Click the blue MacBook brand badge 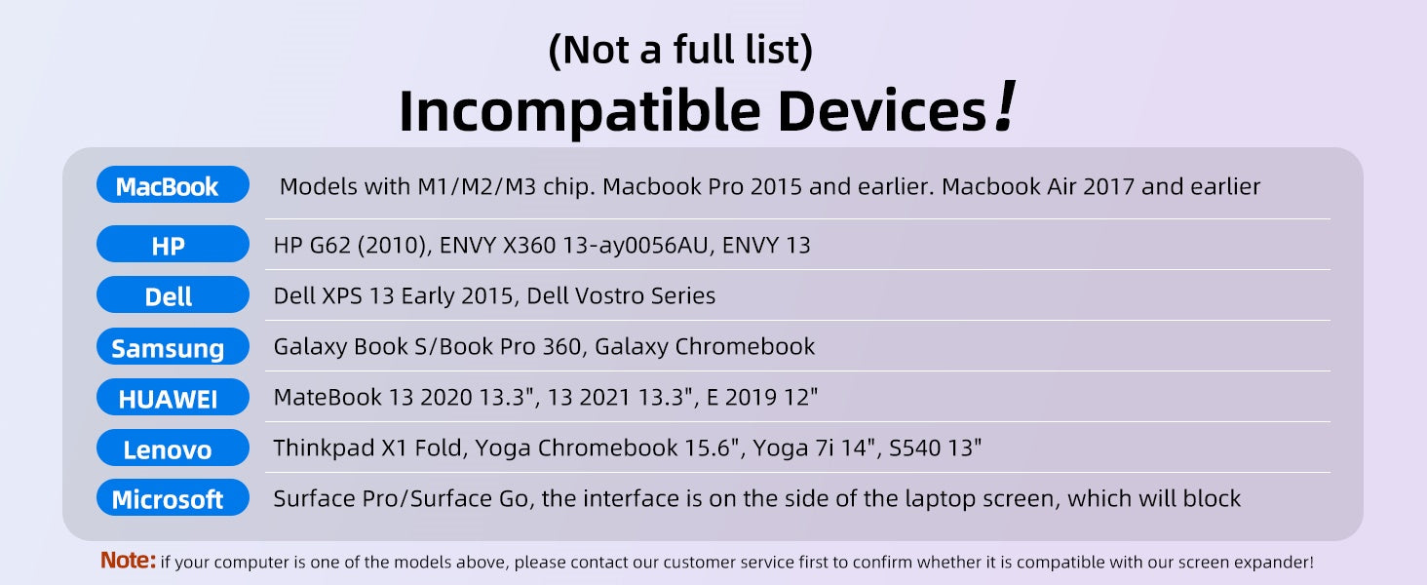coord(173,184)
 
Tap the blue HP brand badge coord(173,244)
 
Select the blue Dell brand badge coord(173,294)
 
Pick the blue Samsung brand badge coord(173,346)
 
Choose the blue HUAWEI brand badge coord(173,397)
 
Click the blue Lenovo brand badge coord(173,448)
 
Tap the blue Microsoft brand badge coord(173,497)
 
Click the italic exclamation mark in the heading coord(1005,105)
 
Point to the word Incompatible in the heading coord(580,112)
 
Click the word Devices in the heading coord(882,110)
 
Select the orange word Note coord(128,561)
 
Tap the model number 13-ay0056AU coord(636,246)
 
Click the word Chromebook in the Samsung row coord(744,347)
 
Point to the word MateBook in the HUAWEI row coord(328,397)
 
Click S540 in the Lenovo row coord(915,448)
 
